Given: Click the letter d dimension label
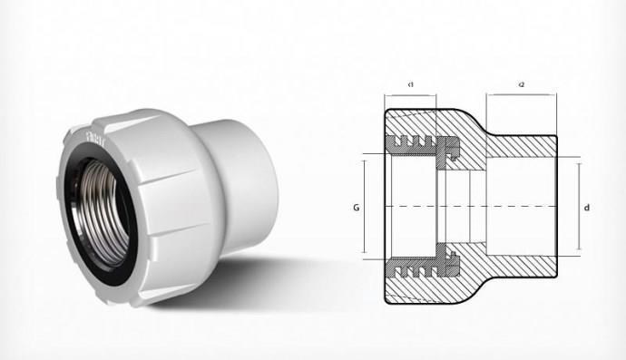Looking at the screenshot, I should tap(588, 208).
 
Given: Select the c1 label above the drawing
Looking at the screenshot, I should tap(411, 84).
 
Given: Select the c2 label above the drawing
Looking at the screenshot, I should tap(522, 84).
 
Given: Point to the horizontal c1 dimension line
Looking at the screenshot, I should tap(411, 95).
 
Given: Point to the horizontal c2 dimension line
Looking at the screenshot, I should tap(522, 95).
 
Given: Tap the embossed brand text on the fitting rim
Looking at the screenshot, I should tap(93, 136).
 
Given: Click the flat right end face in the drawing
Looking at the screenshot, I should tap(555, 208).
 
